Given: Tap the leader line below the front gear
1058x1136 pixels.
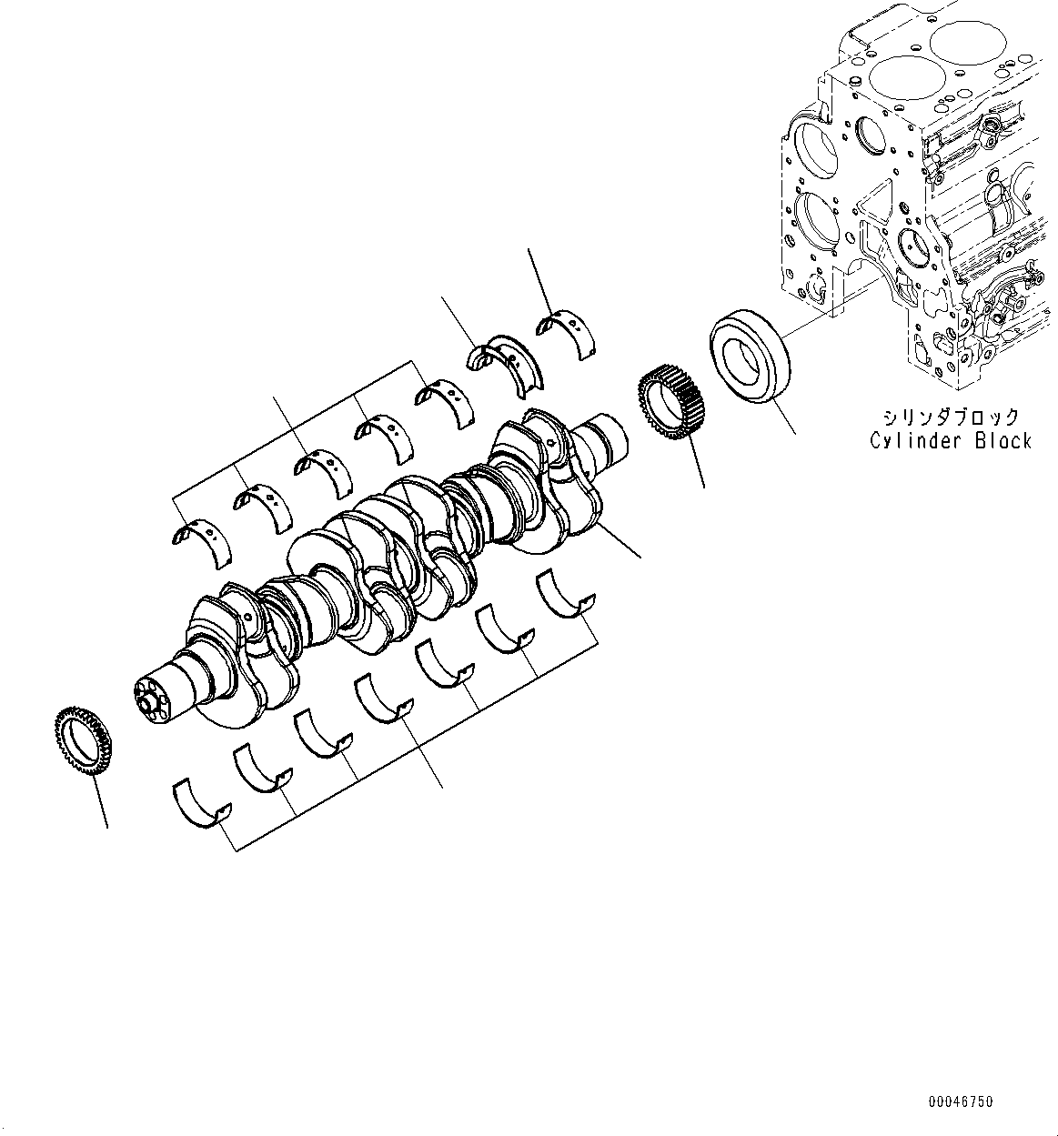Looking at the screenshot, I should (99, 800).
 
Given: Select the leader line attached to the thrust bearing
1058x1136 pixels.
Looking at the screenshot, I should (459, 318).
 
